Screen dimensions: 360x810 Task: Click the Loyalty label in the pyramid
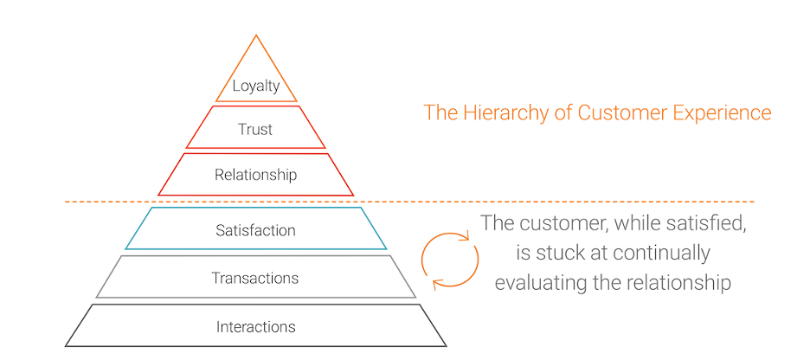tap(256, 86)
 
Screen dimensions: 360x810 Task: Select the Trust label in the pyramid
tap(255, 130)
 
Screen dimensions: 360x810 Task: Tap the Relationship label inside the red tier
tap(255, 175)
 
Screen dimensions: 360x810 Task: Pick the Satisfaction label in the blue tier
tap(255, 230)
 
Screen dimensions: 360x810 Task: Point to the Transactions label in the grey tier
tap(255, 279)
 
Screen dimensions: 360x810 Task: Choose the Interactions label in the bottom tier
tap(255, 327)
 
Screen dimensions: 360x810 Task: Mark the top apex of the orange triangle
tap(256, 35)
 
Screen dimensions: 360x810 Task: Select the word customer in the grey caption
tap(562, 223)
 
